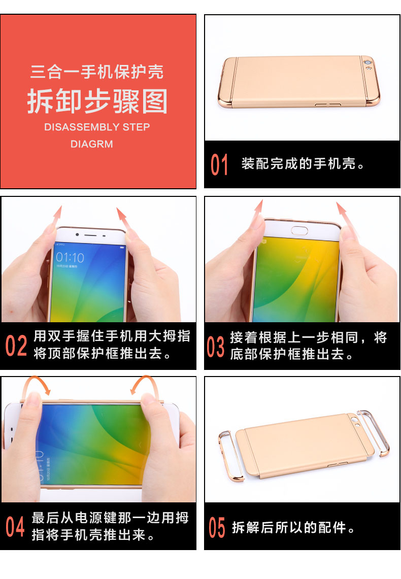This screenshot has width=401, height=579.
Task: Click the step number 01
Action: (219, 165)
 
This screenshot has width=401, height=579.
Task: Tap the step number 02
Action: (16, 346)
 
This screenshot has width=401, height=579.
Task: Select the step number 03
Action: (215, 346)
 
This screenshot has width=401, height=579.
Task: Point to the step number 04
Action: (15, 526)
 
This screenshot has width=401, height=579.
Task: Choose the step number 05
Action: (217, 528)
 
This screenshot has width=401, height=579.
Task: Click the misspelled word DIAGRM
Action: (92, 144)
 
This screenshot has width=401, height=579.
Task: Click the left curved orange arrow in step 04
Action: (39, 384)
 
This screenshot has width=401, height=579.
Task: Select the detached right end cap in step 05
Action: (375, 431)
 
